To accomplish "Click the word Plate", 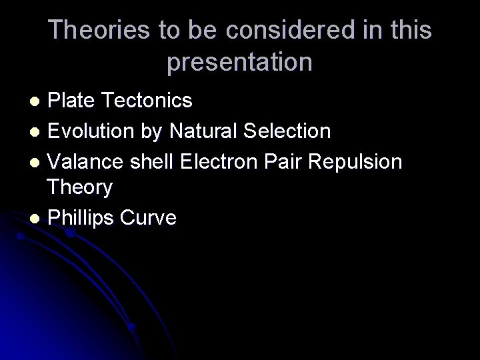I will (x=72, y=101).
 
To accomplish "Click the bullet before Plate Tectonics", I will (x=38, y=101).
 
